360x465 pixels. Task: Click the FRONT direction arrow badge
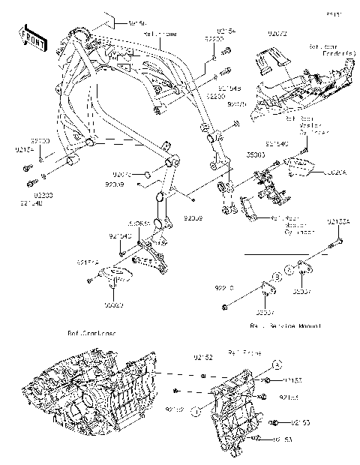30,37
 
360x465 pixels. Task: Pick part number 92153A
339,222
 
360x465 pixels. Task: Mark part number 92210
224,287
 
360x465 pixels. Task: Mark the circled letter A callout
276,365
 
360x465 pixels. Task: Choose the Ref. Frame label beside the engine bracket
243,351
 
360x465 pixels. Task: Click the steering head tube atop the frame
79,37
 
